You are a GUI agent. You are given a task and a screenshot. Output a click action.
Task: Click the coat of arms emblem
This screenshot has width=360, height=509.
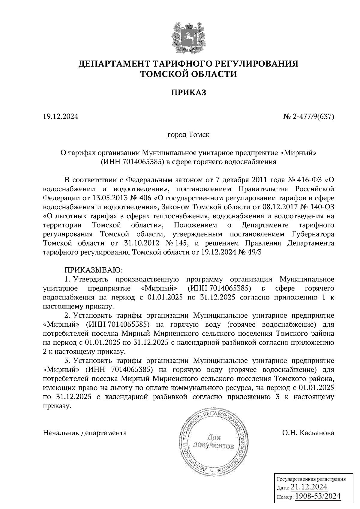[x=188, y=36]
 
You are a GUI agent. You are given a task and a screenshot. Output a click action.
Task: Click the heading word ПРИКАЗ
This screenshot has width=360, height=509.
[x=188, y=93]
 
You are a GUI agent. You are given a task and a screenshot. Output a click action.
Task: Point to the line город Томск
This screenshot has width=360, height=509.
[x=188, y=135]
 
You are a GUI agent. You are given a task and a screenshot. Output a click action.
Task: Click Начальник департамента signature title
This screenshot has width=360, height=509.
[x=85, y=433]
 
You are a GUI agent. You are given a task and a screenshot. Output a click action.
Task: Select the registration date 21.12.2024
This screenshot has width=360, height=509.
[x=309, y=487]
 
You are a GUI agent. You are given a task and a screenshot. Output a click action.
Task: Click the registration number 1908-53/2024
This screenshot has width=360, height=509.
[x=318, y=496]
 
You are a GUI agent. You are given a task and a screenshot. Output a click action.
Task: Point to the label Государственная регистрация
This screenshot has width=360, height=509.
[x=311, y=479]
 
